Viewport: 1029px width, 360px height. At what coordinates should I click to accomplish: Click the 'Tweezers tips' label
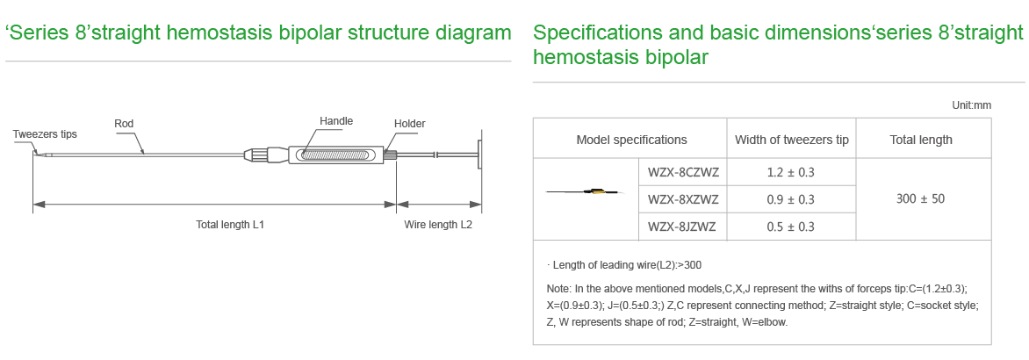pos(45,134)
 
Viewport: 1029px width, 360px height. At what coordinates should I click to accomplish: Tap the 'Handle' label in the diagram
pos(336,121)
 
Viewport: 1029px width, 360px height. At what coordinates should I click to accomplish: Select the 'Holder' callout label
pos(409,123)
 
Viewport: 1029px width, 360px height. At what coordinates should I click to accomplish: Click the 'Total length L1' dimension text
pos(230,224)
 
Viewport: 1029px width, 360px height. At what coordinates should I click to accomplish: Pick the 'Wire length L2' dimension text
pos(438,224)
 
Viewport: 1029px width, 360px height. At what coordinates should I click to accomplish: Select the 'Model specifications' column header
pos(631,140)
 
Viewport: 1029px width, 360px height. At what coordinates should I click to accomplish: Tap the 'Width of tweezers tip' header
pos(791,140)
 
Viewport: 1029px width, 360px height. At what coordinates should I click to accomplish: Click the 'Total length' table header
pos(921,140)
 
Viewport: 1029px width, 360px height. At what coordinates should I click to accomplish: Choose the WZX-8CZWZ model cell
pos(683,173)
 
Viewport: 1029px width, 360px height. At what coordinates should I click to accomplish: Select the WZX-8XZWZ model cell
pos(683,199)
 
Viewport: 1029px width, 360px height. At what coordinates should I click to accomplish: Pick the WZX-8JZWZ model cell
pos(682,227)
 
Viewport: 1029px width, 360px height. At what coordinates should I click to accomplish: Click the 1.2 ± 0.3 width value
pos(791,173)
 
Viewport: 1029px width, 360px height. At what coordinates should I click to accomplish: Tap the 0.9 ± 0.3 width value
pos(791,199)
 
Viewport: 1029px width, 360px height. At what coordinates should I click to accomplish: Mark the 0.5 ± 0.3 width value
pos(791,227)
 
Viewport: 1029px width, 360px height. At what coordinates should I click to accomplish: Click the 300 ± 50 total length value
pos(921,198)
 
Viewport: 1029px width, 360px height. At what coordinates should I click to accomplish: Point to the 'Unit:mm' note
pos(972,104)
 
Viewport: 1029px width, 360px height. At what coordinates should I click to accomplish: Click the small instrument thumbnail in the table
pos(586,192)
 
